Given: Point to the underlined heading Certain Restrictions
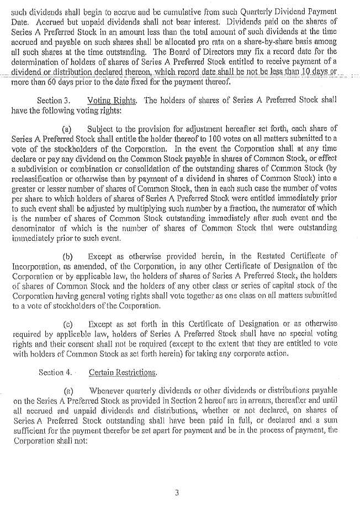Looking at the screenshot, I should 123,372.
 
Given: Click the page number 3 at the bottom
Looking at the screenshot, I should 177,493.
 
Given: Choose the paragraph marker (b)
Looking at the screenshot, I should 68,256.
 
